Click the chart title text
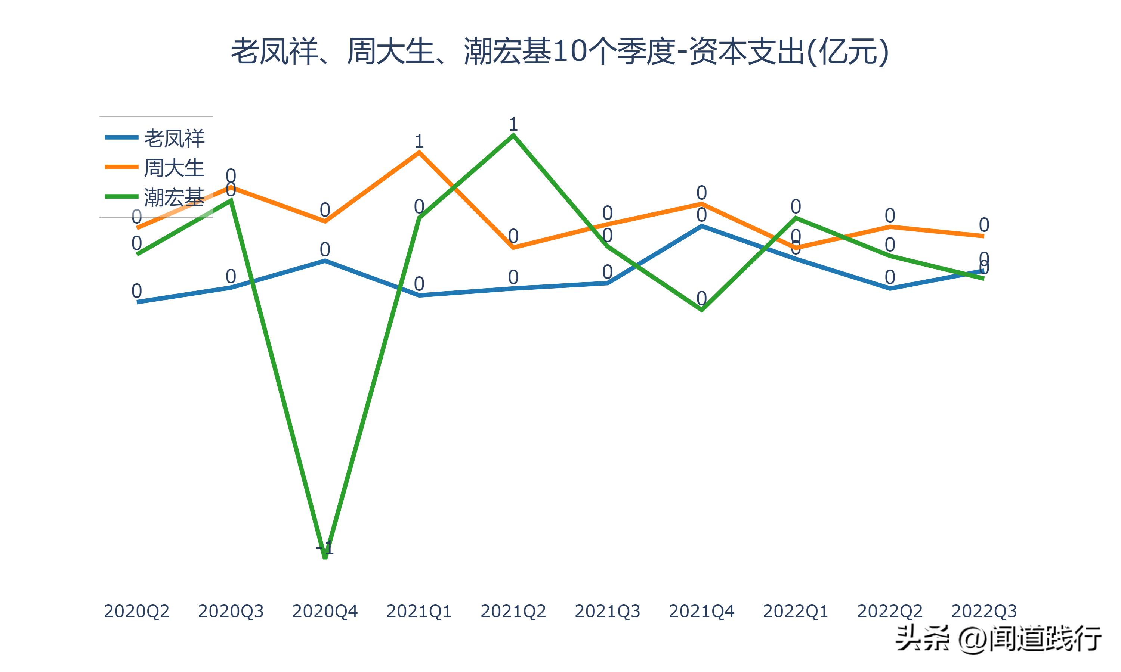[x=560, y=52]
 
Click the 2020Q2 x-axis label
[x=136, y=611]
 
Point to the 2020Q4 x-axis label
[x=325, y=611]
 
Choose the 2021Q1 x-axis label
[x=419, y=611]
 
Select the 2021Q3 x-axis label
[x=608, y=611]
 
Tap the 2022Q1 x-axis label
[x=796, y=611]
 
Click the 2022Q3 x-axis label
[x=984, y=611]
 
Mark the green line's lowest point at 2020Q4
[x=325, y=558]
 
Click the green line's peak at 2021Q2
[x=513, y=135]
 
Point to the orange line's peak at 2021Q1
[x=419, y=152]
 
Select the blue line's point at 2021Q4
[x=701, y=225]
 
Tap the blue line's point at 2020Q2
[x=137, y=302]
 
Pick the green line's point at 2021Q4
[x=701, y=310]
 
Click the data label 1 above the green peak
[x=513, y=124]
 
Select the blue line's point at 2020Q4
[x=325, y=260]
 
